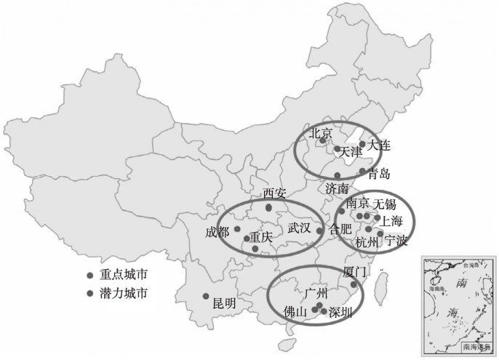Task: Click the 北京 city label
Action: (x=321, y=133)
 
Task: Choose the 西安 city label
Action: (x=276, y=193)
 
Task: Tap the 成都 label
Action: (x=217, y=232)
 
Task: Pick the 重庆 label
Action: (x=261, y=237)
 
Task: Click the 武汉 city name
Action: (x=299, y=228)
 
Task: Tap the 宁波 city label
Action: (x=396, y=239)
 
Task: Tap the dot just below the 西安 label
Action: (x=268, y=207)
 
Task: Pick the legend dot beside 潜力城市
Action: (x=89, y=294)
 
